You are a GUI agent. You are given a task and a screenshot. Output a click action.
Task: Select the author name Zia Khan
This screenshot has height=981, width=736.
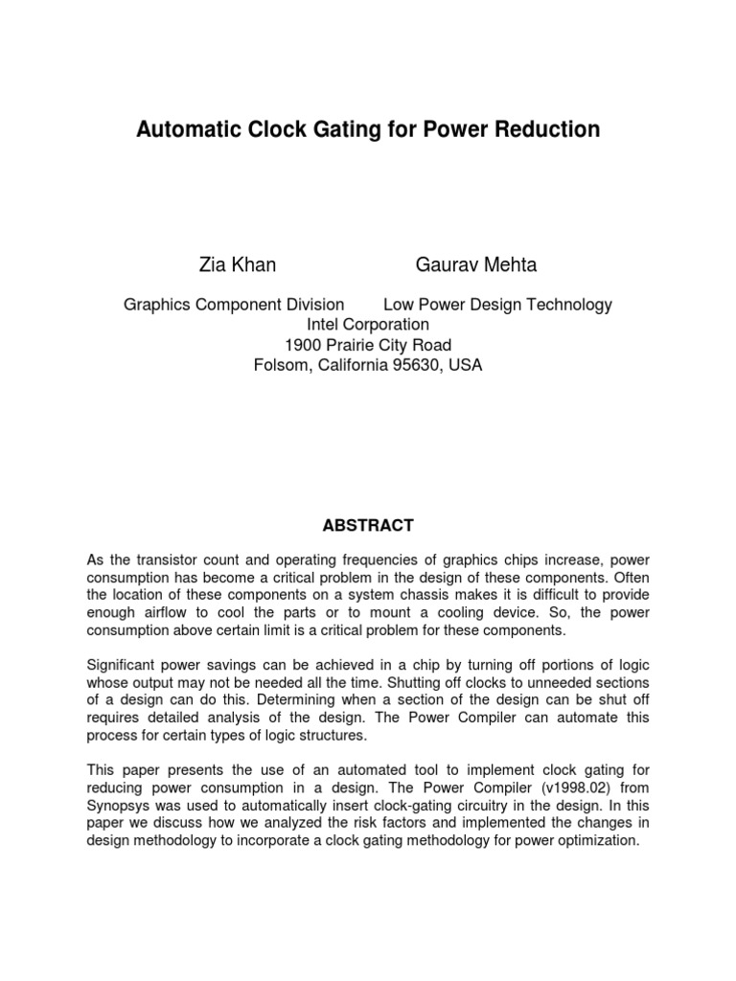tap(237, 265)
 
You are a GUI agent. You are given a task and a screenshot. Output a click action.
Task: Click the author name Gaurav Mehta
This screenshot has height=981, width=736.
tap(476, 265)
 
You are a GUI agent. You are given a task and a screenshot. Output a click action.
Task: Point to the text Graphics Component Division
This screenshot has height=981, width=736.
tap(234, 305)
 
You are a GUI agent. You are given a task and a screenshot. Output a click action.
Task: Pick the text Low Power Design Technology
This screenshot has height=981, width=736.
tap(497, 305)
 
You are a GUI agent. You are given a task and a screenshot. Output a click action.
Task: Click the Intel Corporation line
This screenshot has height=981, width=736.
tap(367, 325)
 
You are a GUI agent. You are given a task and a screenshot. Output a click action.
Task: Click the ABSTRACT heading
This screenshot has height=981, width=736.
tap(367, 525)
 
